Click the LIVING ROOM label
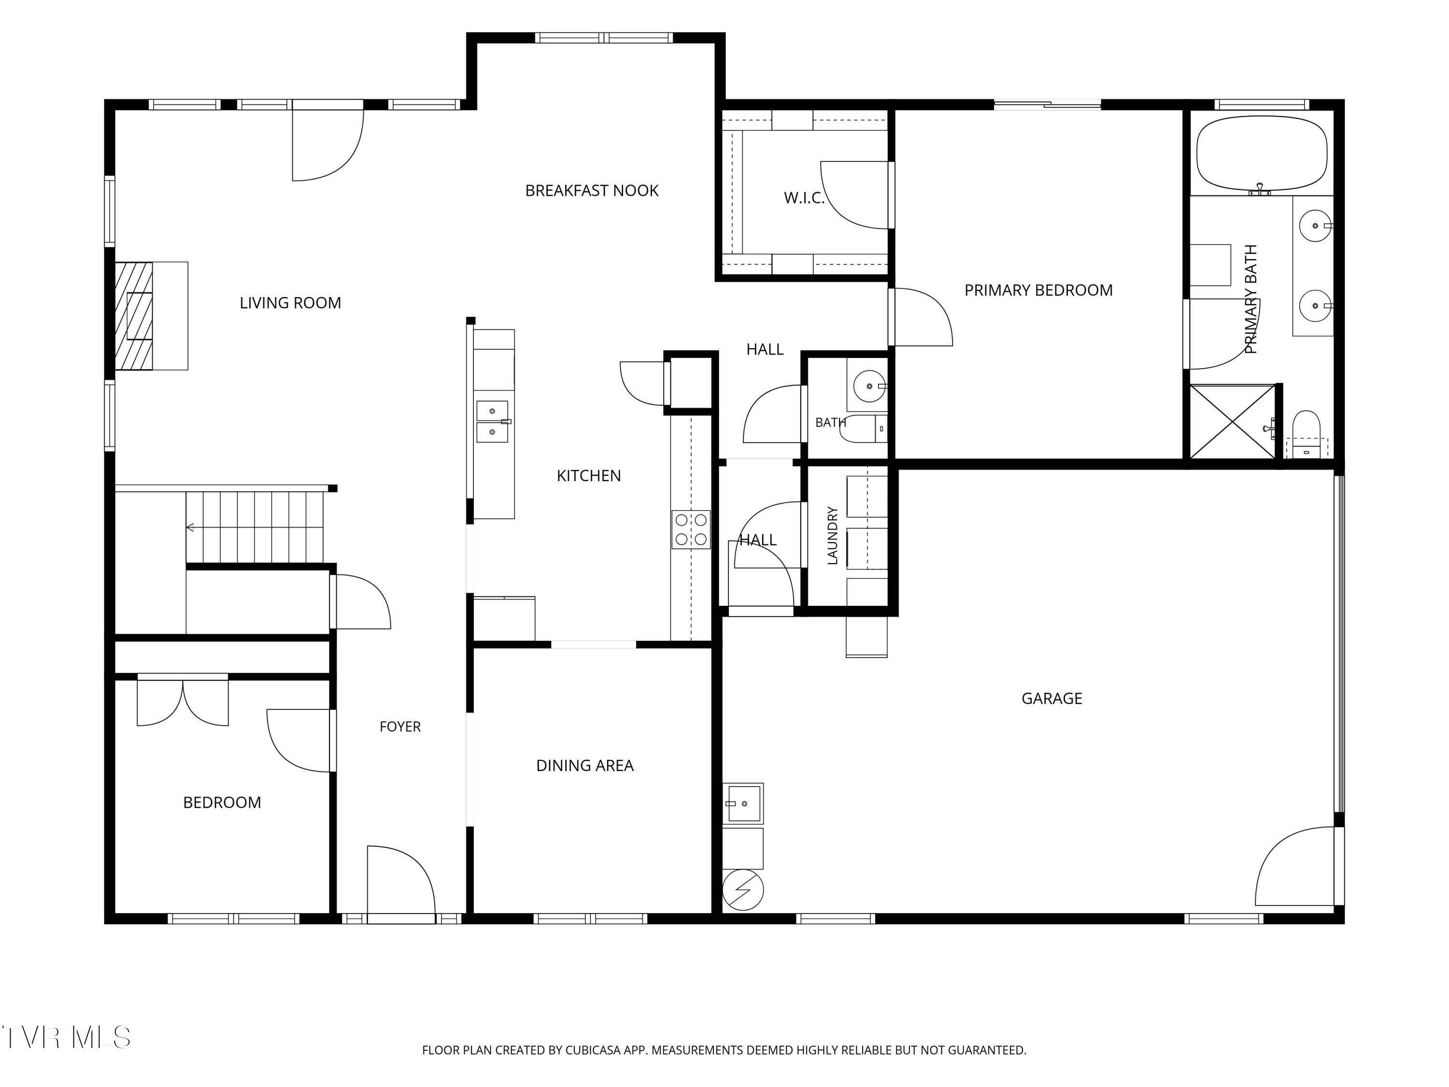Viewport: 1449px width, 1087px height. click(290, 303)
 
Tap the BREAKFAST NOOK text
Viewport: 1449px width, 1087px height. click(592, 191)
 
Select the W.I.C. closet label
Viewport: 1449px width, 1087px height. click(804, 198)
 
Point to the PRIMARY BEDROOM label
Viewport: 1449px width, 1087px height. click(1038, 290)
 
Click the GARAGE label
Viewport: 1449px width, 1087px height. click(1051, 699)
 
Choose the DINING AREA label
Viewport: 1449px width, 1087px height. click(585, 765)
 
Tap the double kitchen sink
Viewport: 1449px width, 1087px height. click(492, 421)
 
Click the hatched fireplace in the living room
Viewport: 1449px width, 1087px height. click(134, 316)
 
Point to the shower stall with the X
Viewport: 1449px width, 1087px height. click(1232, 421)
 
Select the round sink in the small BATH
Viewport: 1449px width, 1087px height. click(869, 386)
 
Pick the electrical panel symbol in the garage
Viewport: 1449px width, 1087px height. click(743, 890)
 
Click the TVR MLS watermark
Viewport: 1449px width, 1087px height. click(66, 1037)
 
